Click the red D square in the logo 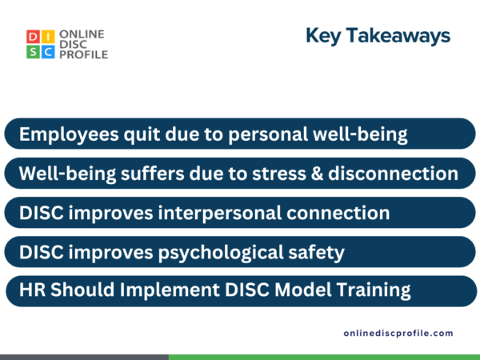pyautogui.click(x=31, y=37)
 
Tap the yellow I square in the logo pyautogui.click(x=48, y=37)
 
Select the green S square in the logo pyautogui.click(x=31, y=52)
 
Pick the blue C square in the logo pyautogui.click(x=48, y=52)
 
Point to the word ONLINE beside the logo pyautogui.click(x=80, y=34)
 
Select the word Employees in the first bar pyautogui.click(x=69, y=134)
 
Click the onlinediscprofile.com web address pyautogui.click(x=398, y=333)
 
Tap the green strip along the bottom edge pyautogui.click(x=324, y=357)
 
